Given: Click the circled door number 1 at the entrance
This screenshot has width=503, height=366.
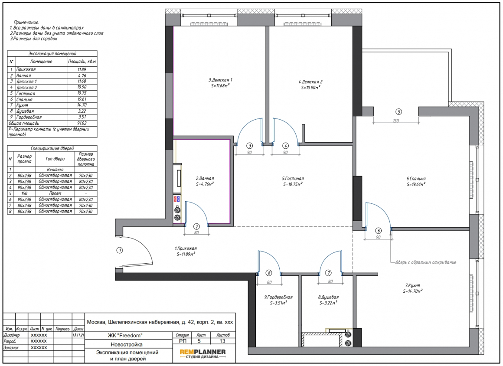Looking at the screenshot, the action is click(x=120, y=250).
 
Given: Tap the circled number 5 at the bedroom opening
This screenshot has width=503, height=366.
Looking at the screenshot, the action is click(x=398, y=112).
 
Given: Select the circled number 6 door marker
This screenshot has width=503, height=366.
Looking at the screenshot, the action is click(x=379, y=231).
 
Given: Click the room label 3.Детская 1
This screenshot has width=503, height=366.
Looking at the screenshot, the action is click(x=220, y=80).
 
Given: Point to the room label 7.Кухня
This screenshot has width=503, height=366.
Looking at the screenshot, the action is click(x=412, y=285).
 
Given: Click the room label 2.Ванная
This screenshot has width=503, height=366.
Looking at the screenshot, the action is click(x=205, y=178).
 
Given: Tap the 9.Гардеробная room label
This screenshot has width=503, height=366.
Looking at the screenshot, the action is click(x=278, y=297).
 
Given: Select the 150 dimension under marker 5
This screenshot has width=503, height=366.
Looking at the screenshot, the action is click(x=396, y=121).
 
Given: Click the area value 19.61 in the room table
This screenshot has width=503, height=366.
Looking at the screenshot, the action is click(x=82, y=99).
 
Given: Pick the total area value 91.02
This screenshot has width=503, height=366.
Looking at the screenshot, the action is click(x=82, y=123).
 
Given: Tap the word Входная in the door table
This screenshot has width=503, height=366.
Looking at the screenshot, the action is click(x=55, y=170).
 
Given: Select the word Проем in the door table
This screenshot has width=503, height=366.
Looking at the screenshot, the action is click(x=55, y=193).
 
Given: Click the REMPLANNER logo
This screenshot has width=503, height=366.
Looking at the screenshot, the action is click(x=203, y=353).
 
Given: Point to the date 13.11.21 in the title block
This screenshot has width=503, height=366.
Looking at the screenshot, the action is click(x=78, y=335).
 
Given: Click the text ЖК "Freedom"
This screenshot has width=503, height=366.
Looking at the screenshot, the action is click(x=125, y=336).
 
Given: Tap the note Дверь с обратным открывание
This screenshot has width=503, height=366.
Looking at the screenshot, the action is click(x=426, y=262).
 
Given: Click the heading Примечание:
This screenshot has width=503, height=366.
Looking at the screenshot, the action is click(x=26, y=23).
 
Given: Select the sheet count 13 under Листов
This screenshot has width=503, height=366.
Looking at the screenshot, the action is click(x=222, y=341).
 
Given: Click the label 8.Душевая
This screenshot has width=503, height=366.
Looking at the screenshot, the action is click(x=329, y=297).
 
